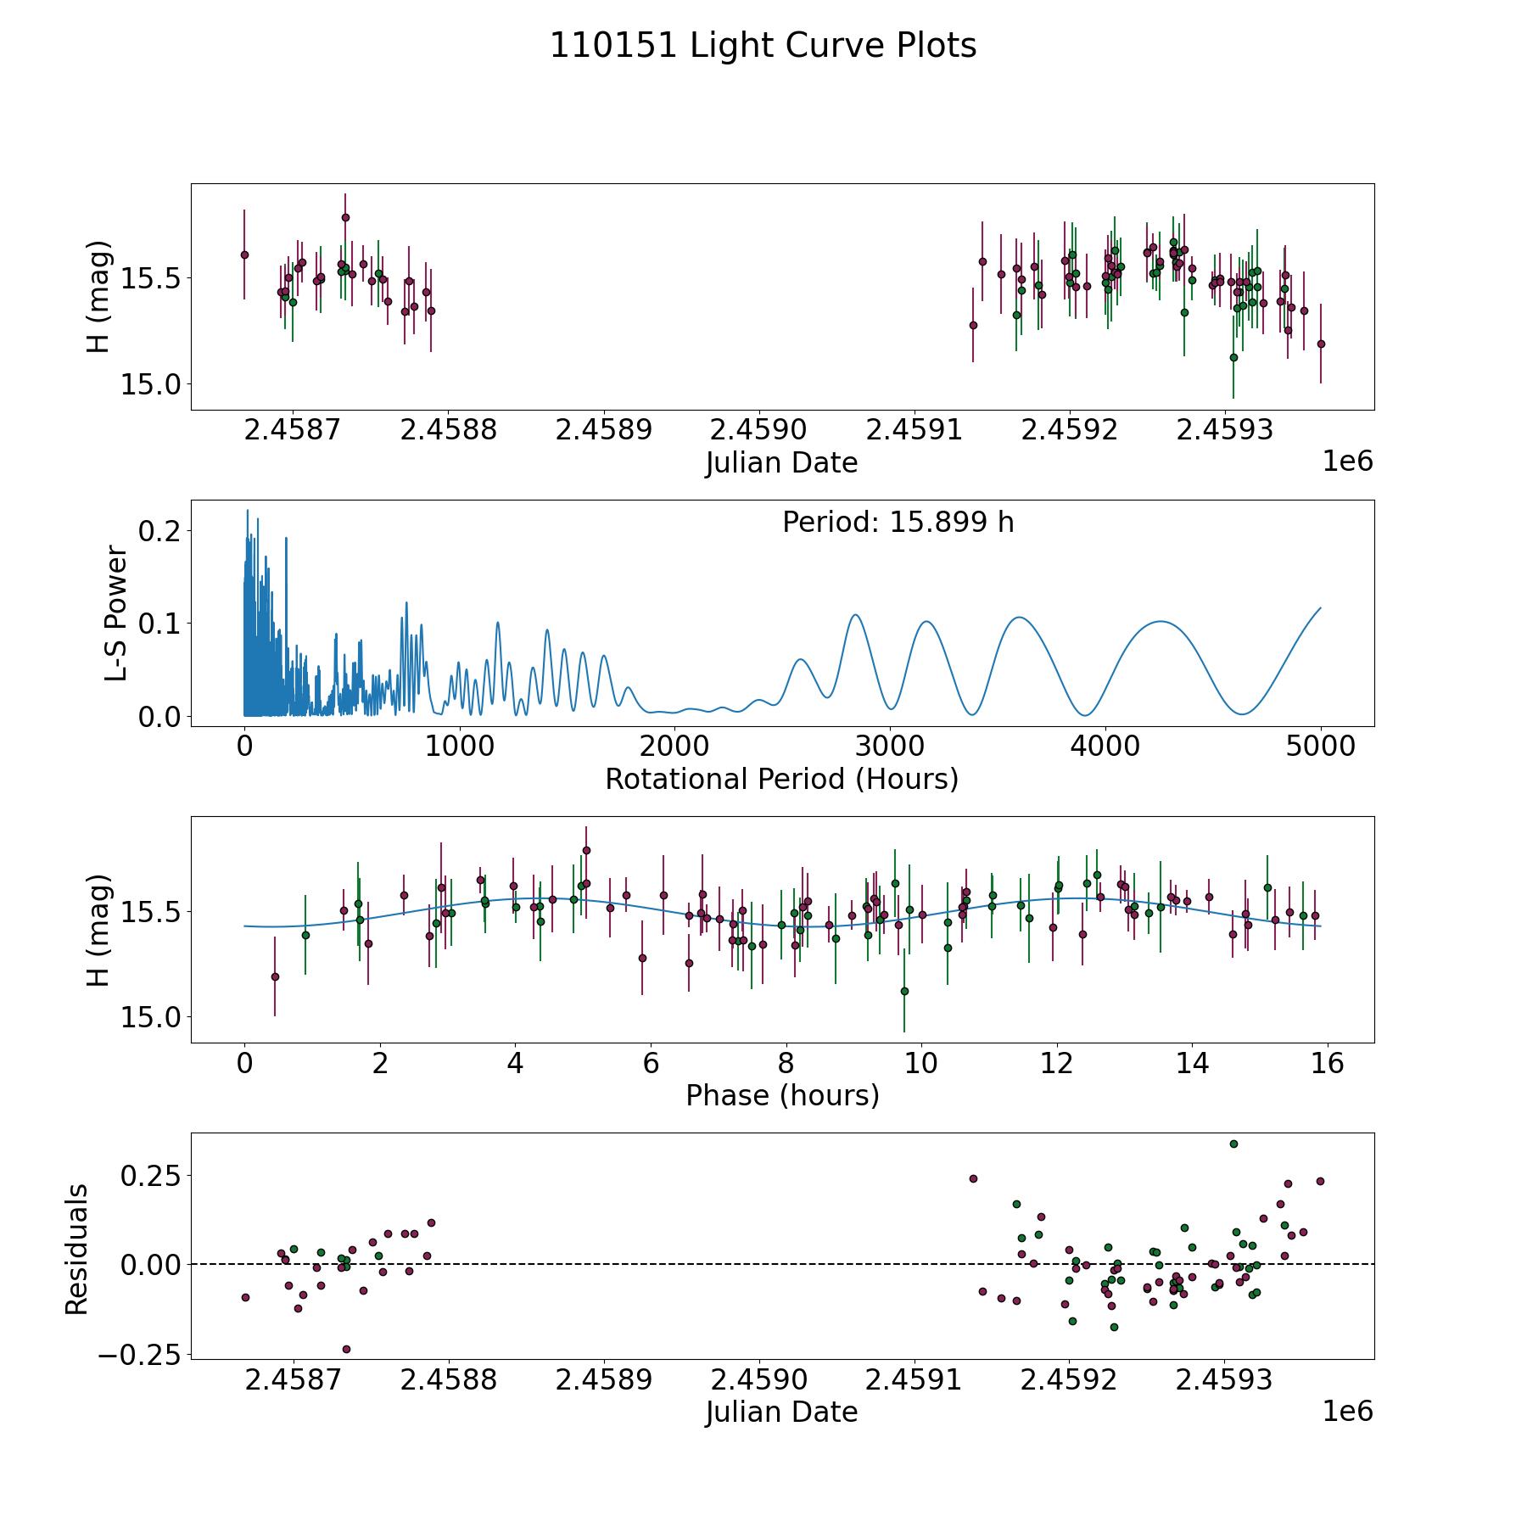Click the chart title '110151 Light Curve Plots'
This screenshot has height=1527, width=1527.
(x=763, y=46)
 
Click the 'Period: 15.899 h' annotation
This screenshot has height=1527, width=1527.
(x=898, y=523)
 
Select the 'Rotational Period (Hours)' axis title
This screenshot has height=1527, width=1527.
(x=781, y=779)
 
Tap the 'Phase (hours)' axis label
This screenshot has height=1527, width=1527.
(x=781, y=1095)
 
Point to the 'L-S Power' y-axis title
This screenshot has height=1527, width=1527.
(x=116, y=613)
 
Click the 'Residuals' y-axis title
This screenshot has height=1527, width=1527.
(x=77, y=1250)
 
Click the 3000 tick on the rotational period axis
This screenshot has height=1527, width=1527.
(x=890, y=747)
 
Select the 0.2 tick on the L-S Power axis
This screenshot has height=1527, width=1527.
(x=160, y=531)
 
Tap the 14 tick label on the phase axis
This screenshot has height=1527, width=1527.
(x=1192, y=1063)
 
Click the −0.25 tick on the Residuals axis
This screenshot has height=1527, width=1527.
(x=139, y=1356)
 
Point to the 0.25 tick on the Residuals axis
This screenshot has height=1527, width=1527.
(x=150, y=1177)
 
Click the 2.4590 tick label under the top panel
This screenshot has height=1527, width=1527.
(x=758, y=430)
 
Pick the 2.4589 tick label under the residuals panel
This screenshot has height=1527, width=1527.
(x=603, y=1380)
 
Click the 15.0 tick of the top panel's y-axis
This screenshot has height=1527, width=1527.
(x=143, y=384)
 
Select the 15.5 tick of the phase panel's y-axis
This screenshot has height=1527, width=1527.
(x=143, y=913)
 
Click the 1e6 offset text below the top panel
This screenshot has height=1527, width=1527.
(x=1347, y=461)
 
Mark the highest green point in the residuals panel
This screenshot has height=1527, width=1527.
(x=1233, y=1144)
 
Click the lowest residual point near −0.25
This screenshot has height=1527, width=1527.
(x=346, y=1349)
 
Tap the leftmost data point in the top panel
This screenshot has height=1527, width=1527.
(x=244, y=255)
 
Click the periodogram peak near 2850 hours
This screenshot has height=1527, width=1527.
(x=855, y=615)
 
